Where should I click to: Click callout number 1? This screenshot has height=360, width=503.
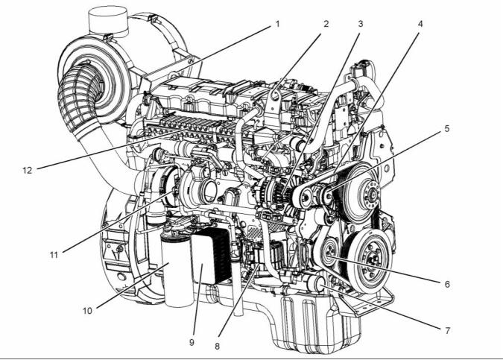click(277, 23)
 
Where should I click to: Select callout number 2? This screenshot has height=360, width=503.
click(326, 23)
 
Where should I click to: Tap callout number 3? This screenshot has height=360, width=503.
click(360, 23)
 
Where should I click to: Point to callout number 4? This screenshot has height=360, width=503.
click(420, 23)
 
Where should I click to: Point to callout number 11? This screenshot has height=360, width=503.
click(54, 254)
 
